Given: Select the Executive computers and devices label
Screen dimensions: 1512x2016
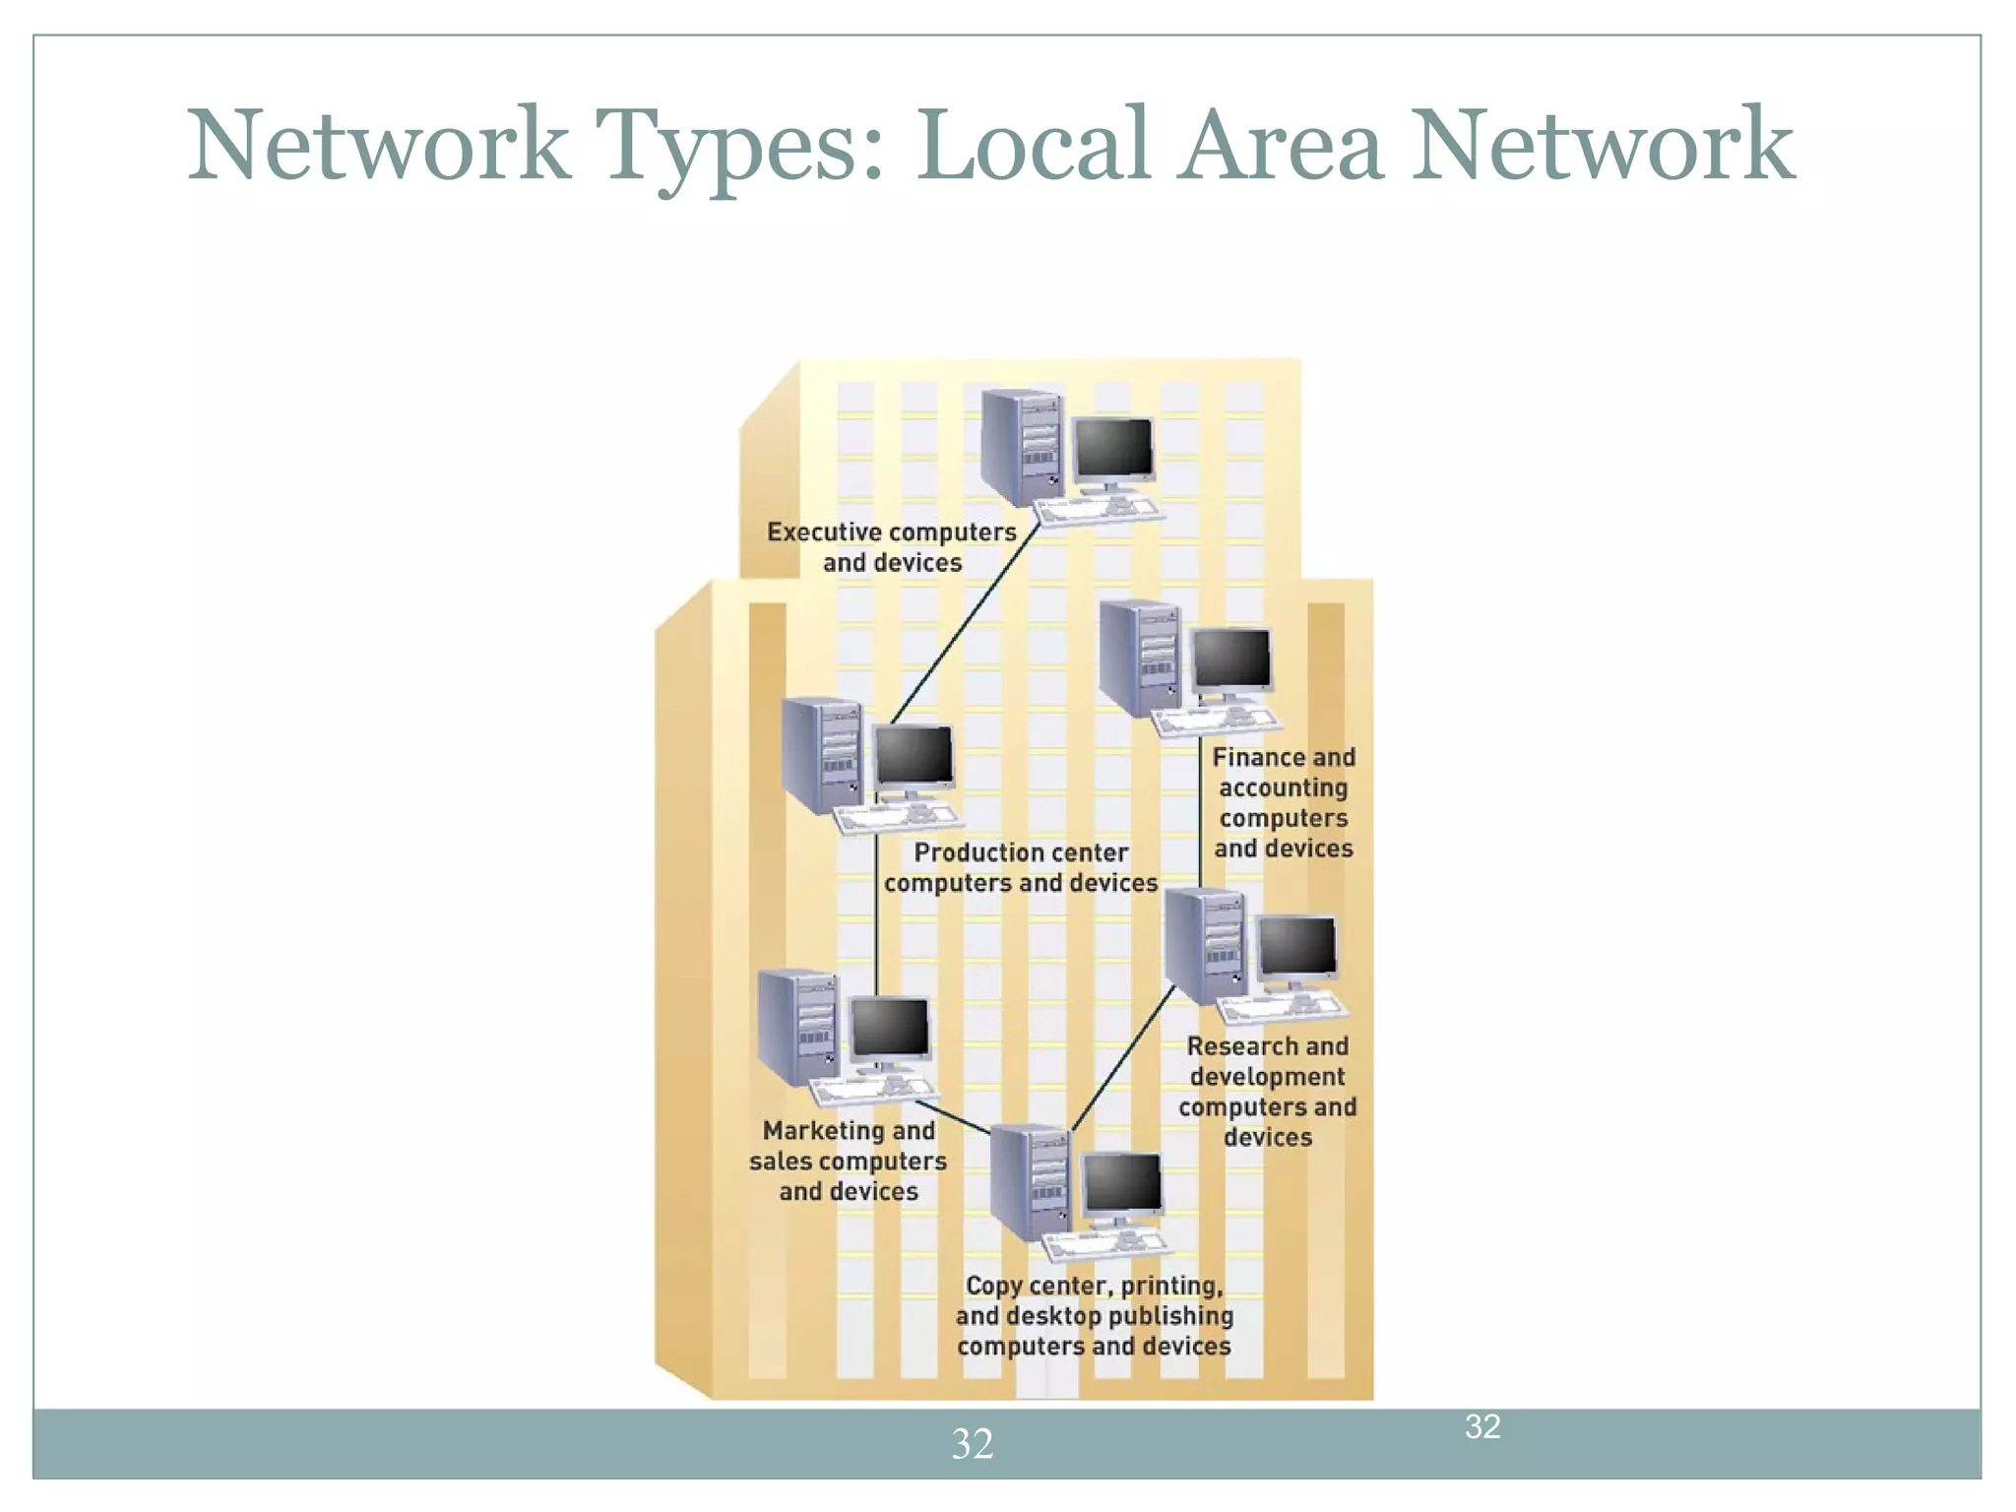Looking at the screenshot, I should (892, 547).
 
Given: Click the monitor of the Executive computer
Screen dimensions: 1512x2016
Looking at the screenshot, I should (1113, 448).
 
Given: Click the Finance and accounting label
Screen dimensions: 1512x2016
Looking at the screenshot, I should (1284, 802).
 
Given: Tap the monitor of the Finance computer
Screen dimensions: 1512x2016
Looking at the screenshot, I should (1231, 660).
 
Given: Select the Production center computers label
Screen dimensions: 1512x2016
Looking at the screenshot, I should (1021, 867).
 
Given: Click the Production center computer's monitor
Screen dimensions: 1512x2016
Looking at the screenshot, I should (914, 756).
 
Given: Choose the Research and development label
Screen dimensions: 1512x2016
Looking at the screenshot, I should (1268, 1091).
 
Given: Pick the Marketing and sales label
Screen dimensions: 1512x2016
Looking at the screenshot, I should (849, 1161).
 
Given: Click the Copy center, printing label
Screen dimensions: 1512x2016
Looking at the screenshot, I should (1094, 1315).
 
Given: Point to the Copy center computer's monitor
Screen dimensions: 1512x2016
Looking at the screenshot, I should (1122, 1183).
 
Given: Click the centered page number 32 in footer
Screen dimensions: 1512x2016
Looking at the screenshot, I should (973, 1444).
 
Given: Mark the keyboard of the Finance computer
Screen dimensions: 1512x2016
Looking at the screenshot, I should (1217, 721).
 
